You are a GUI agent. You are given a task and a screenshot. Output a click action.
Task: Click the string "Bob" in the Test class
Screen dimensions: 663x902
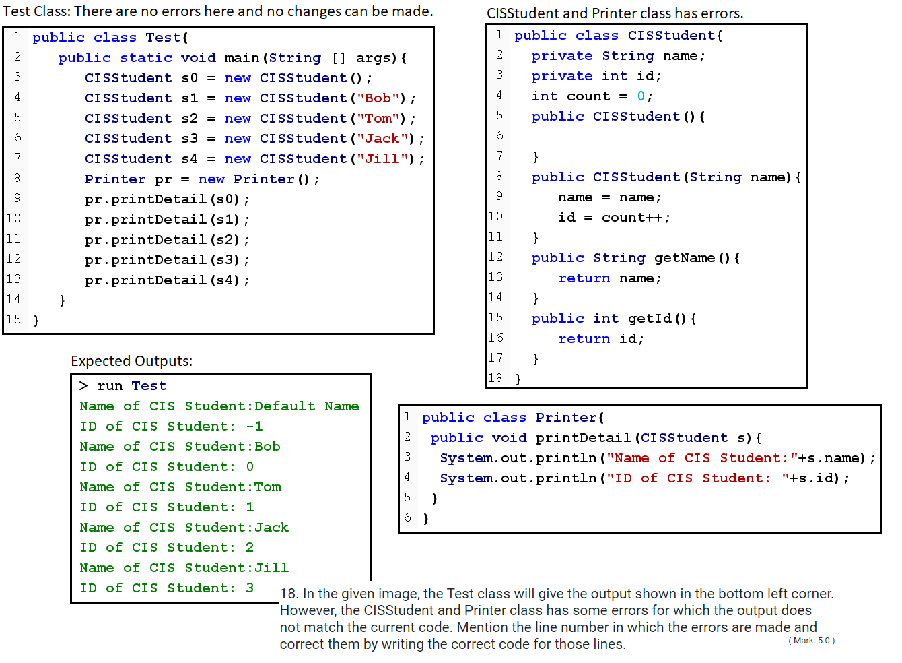click(378, 98)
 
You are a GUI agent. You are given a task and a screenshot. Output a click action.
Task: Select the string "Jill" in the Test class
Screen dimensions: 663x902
click(382, 159)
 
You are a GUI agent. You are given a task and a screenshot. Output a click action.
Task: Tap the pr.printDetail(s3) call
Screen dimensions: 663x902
click(166, 260)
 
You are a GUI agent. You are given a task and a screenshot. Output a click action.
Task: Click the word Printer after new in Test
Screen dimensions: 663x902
click(264, 179)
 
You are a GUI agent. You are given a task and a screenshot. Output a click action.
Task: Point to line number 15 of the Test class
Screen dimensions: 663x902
click(13, 319)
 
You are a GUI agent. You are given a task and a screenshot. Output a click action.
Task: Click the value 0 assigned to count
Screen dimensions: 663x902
click(641, 96)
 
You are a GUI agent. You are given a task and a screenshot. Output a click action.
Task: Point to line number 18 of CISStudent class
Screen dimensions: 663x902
click(495, 378)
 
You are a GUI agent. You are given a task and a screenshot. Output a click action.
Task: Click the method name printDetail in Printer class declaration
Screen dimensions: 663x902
click(583, 438)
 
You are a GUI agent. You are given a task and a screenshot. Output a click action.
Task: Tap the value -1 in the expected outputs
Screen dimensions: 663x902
click(254, 427)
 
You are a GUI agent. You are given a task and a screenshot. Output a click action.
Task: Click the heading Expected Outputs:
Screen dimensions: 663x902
click(131, 361)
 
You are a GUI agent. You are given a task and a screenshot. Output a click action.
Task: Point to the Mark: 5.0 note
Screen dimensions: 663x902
click(811, 641)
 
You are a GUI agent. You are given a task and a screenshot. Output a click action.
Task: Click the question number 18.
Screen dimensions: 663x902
click(288, 594)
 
